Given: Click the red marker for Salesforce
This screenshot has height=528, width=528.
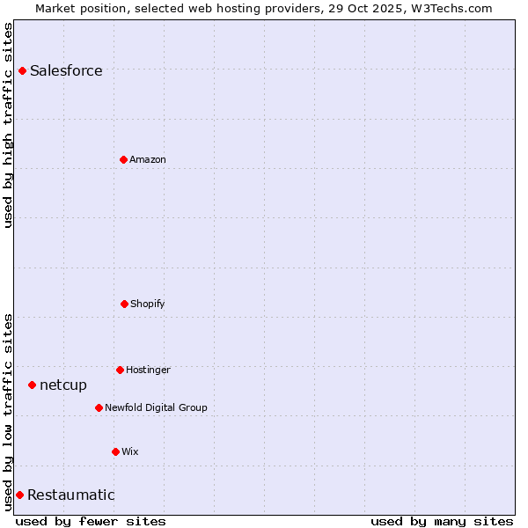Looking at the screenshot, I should coord(22,70).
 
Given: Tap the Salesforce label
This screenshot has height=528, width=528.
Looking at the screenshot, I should coord(66,71).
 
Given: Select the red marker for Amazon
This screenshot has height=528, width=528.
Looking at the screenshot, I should coord(123,159).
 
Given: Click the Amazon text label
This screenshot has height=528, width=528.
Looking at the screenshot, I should coord(148,159).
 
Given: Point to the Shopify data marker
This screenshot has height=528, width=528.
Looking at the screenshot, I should coord(124,304).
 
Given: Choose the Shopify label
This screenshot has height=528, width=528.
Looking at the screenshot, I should coord(148,304).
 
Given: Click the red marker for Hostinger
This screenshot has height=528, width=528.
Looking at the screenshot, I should coord(120,370).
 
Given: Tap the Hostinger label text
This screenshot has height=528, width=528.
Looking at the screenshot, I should coord(148,370).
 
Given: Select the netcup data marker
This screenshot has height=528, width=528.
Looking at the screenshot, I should coord(32,385).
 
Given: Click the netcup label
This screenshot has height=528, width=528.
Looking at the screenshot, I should coord(63,385).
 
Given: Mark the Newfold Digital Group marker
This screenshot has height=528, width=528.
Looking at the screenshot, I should coord(99,407).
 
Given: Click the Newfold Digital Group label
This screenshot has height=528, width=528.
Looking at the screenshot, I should coord(156,407).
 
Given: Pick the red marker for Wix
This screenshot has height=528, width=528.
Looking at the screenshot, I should coord(115,451).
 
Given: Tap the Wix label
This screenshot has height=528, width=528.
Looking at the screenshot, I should coord(130,451).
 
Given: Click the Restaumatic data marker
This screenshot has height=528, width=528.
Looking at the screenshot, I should coord(19,495).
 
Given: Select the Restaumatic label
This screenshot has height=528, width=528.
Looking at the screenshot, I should coord(71,495).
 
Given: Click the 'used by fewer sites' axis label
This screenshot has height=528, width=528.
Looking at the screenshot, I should coord(91,521).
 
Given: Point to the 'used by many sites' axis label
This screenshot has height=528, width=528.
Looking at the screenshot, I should coord(442,521).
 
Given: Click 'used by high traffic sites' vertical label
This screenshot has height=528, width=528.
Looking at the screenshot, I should coord(8,125).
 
